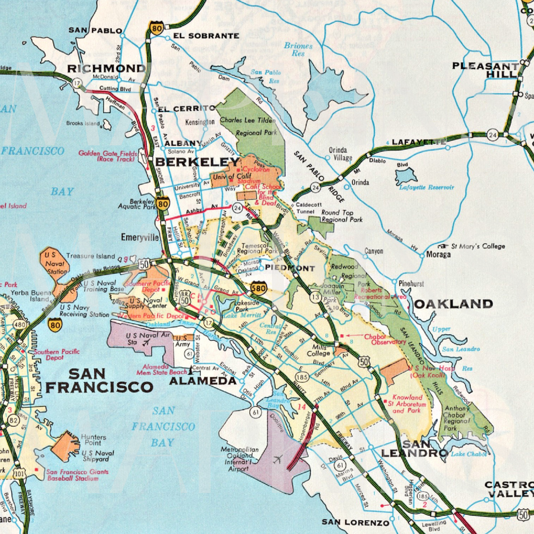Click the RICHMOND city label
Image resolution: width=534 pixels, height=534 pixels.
pyautogui.click(x=106, y=69)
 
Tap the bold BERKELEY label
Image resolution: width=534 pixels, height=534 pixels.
pyautogui.click(x=197, y=162)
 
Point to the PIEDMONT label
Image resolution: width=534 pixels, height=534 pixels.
pyautogui.click(x=290, y=268)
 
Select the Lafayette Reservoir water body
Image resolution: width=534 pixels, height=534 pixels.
pyautogui.click(x=406, y=176)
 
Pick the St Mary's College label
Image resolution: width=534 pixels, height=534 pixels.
pyautogui.click(x=477, y=246)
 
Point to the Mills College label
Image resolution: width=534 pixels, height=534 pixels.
pyautogui.click(x=318, y=350)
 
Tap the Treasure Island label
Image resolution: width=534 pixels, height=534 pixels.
pyautogui.click(x=90, y=257)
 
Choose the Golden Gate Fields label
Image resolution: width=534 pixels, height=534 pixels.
pyautogui.click(x=108, y=156)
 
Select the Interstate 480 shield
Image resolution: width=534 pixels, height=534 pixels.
pyautogui.click(x=20, y=325)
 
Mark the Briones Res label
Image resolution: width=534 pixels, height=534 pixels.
pyautogui.click(x=298, y=49)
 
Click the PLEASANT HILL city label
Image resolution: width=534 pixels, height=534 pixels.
pyautogui.click(x=485, y=70)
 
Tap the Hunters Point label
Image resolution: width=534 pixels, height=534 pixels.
pyautogui.click(x=94, y=440)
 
